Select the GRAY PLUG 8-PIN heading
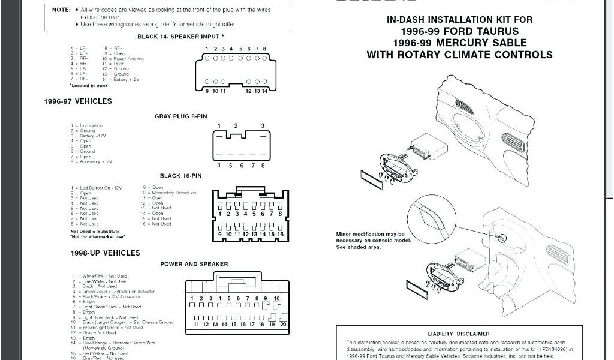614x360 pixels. (180, 116)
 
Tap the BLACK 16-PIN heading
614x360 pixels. (180, 176)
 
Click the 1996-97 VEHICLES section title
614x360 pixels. (78, 101)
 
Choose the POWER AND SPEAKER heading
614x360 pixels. (194, 264)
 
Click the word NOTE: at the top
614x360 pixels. (61, 10)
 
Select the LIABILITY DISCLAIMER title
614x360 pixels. (458, 334)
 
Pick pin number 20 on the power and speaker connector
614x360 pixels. (282, 325)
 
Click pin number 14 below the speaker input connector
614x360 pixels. (264, 91)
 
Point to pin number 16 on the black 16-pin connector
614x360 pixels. (280, 234)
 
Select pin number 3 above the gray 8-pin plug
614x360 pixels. (263, 125)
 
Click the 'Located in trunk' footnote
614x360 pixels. (89, 86)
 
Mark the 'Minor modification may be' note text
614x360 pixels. (370, 234)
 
